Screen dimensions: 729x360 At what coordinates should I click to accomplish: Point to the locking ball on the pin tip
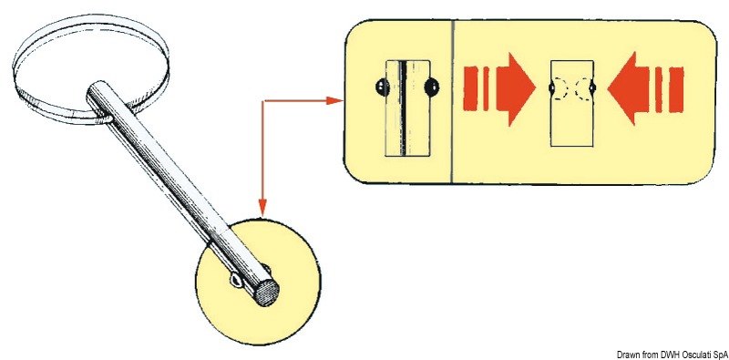236,282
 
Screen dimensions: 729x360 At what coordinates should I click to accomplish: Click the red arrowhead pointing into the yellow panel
336,100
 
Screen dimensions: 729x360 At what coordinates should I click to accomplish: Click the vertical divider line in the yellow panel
453,100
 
